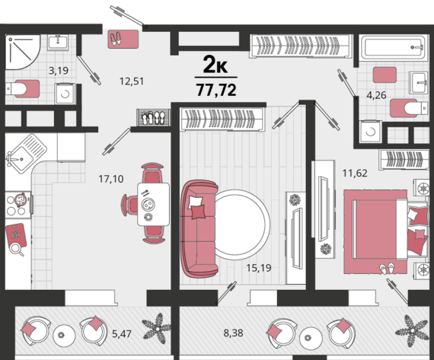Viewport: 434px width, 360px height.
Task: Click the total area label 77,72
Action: (216, 90)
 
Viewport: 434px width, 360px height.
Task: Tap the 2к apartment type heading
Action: (215, 65)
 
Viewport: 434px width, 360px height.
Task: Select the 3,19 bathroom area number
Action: (59, 71)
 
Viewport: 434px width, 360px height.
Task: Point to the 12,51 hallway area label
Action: (132, 81)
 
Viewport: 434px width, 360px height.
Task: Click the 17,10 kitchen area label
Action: (111, 179)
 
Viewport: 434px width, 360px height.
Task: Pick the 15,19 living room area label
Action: (259, 268)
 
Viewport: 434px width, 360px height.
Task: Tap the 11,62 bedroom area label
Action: (355, 174)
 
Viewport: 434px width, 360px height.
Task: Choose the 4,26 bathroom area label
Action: (376, 95)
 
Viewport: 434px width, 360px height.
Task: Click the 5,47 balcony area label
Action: (122, 334)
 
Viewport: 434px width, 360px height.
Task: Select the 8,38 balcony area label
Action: (233, 333)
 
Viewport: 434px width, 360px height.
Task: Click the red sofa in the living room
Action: (199, 228)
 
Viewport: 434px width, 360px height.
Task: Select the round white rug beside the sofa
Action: (241, 225)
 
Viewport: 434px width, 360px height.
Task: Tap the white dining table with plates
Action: (153, 204)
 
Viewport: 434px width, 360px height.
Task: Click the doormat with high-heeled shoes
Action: (123, 39)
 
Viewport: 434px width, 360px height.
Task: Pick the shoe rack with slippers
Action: (154, 118)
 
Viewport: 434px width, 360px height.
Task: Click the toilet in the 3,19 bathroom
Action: (22, 88)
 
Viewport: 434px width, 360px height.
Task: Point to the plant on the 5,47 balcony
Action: (157, 329)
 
